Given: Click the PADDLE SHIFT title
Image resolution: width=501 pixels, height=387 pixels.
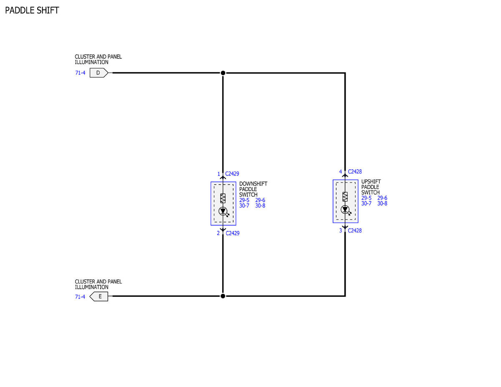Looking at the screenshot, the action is (32, 10).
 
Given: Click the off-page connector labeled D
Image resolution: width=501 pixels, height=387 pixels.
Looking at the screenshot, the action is (99, 73).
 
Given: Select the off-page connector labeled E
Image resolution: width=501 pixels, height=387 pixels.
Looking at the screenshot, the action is (99, 296).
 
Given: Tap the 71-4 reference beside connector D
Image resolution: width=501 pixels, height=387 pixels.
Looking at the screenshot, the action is (80, 73).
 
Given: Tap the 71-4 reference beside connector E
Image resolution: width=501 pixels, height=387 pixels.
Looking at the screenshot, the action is (80, 297).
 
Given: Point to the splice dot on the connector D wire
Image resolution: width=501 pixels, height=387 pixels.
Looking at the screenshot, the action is (223, 73).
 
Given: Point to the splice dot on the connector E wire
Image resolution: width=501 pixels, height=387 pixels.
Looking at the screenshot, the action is (223, 296).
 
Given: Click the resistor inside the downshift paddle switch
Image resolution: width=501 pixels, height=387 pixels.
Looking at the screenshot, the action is (223, 198).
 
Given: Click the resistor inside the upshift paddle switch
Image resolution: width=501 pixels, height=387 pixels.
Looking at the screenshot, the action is (345, 197).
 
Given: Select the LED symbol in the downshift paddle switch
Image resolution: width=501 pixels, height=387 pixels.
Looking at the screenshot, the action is (223, 211).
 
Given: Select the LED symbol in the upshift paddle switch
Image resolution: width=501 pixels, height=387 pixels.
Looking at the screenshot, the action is (345, 210).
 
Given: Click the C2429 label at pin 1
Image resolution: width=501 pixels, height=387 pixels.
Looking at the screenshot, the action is (232, 174).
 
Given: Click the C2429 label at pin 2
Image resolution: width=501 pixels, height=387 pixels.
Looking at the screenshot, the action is (233, 233).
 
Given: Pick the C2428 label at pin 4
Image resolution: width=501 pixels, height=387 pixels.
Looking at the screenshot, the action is (355, 172).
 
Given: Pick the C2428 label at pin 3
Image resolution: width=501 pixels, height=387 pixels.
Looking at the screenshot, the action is (355, 230).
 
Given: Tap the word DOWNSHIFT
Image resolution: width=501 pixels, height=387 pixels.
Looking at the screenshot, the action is (253, 184).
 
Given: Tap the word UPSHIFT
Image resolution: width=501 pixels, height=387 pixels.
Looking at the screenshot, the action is (371, 182).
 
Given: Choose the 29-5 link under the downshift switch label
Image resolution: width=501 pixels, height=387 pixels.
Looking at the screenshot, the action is (244, 200).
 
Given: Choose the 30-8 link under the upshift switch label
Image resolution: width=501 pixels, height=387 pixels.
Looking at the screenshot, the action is (382, 204).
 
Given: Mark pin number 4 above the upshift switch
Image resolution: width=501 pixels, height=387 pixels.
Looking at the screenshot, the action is (341, 172).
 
